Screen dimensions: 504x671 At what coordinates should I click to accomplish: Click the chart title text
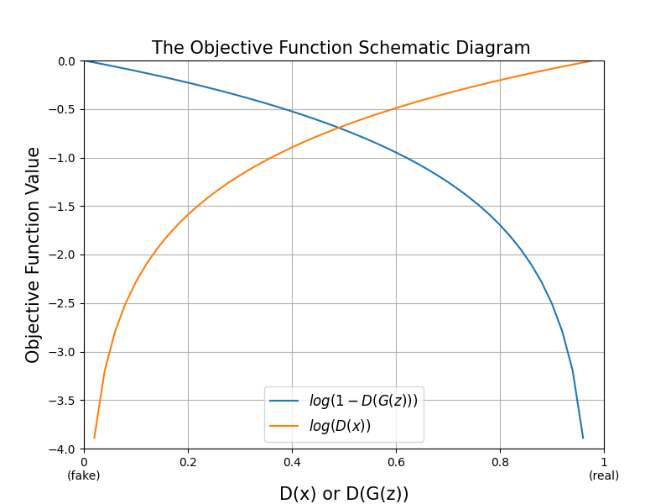pos(341,48)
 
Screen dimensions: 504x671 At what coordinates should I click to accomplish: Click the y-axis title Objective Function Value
pos(34,255)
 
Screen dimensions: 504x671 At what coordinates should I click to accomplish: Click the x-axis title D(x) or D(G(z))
pos(344,494)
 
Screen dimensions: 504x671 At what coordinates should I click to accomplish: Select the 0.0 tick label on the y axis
pos(68,61)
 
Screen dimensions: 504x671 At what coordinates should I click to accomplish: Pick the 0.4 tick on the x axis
pos(292,461)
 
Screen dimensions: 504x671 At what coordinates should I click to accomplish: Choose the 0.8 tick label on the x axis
pos(500,461)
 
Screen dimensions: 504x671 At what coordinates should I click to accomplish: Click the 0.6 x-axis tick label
pos(396,461)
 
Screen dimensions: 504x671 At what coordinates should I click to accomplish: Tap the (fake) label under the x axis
pos(84,475)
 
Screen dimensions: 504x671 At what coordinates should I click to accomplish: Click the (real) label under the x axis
pos(604,475)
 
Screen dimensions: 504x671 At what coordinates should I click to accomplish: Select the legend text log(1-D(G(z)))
pos(363,402)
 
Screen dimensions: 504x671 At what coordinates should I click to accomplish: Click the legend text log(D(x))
pos(340,427)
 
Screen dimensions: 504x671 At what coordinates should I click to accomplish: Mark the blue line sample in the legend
pos(284,402)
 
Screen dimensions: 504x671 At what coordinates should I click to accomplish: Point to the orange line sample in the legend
pos(284,427)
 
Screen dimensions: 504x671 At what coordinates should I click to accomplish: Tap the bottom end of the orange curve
pos(94,438)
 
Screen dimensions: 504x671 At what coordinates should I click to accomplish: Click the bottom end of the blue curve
pos(583,438)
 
